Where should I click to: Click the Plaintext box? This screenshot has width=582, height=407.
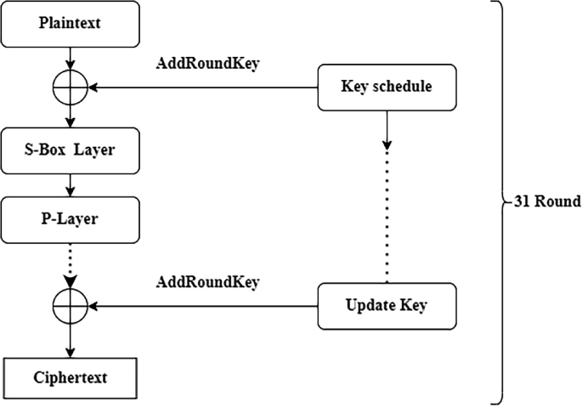71,23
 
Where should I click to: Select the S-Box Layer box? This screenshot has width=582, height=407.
71,150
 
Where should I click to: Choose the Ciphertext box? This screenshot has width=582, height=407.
71,377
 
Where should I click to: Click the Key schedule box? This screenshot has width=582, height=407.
387,88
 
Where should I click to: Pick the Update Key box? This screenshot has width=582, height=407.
387,305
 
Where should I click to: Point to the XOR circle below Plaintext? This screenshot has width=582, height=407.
71,88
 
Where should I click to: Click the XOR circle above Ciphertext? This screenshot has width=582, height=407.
71,305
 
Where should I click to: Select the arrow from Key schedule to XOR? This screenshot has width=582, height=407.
204,88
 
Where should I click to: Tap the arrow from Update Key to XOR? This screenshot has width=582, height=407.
204,305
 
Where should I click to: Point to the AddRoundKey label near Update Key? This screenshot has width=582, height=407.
207,281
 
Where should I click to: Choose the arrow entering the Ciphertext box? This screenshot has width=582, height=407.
71,342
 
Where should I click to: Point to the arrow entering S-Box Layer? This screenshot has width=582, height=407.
71,118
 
